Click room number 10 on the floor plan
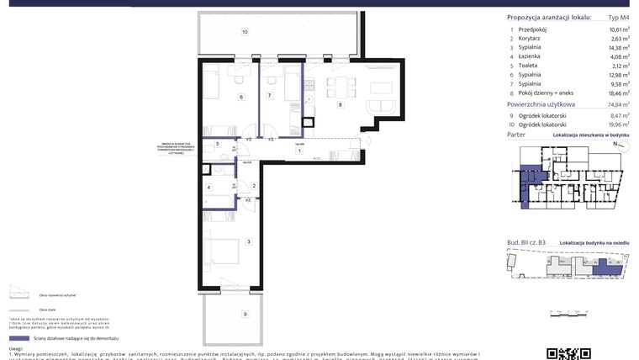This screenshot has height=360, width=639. coord(245,32)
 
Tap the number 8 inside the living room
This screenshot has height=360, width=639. coord(340,104)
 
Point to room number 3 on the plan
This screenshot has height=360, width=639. coord(248,241)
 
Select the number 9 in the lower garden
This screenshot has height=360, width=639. coord(245,315)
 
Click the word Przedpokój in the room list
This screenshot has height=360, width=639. coord(535,29)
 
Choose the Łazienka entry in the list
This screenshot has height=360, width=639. coord(531,58)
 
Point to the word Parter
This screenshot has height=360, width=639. coord(516,135)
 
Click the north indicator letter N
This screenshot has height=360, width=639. coord(614,144)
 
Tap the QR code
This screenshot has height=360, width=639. coord(562,353)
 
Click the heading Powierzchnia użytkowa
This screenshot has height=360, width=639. coord(547,105)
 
